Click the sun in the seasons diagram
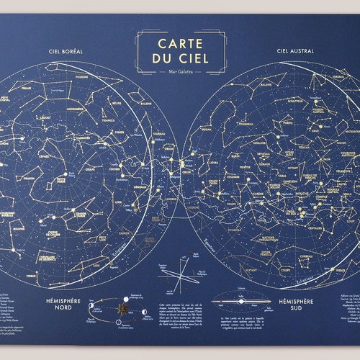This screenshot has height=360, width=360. click(x=123, y=307)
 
